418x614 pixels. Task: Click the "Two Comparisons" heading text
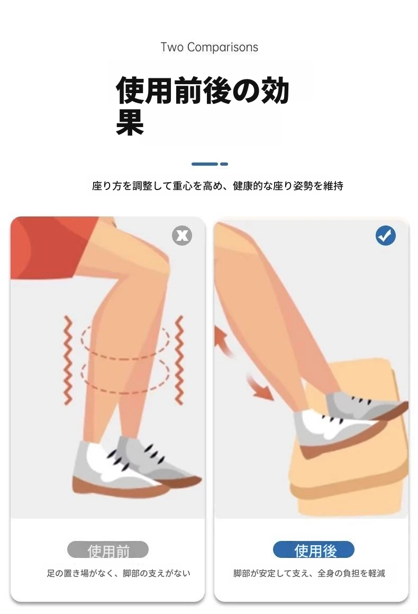209,48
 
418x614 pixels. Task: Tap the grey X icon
182,236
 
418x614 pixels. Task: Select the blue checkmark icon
386,236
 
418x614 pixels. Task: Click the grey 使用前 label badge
108,549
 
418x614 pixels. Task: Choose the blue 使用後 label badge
313,549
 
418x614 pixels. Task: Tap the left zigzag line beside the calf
68,359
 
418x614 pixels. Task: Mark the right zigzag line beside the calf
179,359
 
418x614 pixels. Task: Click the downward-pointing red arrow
260,387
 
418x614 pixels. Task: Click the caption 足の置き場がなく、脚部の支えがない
118,573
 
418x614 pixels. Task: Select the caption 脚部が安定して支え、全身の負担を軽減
309,573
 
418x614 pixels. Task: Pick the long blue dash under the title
204,164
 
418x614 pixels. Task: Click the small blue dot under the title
224,164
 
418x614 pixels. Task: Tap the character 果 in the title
130,122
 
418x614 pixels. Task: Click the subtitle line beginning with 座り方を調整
217,186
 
